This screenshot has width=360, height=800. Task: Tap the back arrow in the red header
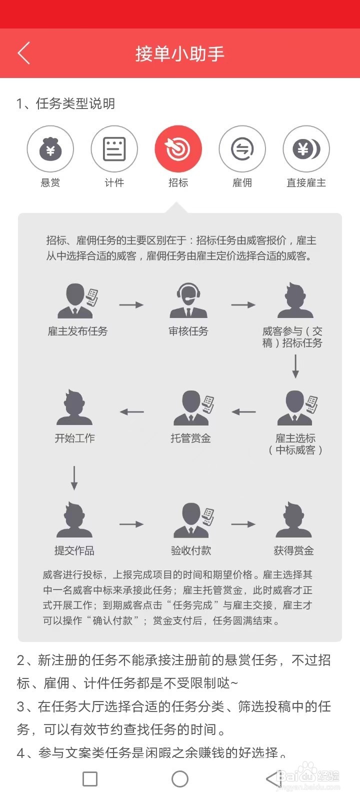23,53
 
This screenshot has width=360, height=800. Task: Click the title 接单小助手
179,53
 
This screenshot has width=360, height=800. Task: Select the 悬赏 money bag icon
50,149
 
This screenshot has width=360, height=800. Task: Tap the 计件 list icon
114,149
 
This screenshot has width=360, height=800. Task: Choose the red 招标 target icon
178,149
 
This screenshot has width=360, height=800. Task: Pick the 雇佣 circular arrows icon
242,149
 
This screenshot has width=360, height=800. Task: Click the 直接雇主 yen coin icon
306,149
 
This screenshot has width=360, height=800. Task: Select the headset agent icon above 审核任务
188,301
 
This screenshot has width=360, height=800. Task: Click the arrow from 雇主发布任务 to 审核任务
131,304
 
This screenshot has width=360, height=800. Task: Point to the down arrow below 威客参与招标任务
295,366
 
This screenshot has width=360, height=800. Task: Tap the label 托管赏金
190,438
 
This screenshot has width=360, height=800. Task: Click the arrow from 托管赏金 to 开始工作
132,412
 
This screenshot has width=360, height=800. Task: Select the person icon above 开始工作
74,407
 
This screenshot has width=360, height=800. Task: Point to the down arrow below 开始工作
74,477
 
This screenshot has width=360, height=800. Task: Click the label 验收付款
191,550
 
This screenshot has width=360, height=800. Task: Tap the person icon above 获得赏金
293,520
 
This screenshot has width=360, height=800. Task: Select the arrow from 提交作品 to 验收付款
131,524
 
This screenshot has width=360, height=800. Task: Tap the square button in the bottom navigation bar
90,778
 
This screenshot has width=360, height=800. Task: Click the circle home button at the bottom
180,778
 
